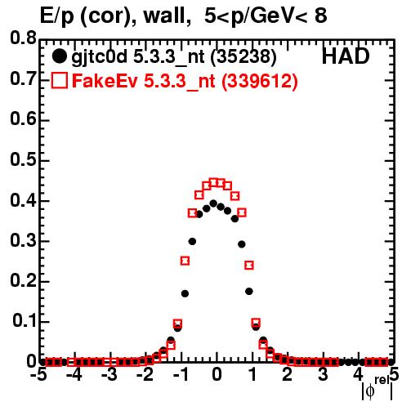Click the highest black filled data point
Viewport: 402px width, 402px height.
(x=213, y=203)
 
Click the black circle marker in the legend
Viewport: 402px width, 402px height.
(x=59, y=56)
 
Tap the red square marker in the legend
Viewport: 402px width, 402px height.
(x=59, y=81)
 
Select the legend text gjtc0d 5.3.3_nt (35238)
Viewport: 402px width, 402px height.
(x=174, y=57)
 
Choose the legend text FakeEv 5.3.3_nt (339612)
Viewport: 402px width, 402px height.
(x=185, y=81)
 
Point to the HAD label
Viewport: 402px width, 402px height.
(x=346, y=56)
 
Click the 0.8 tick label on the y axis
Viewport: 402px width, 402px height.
(x=23, y=38)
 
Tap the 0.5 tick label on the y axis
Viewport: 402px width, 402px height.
(x=23, y=160)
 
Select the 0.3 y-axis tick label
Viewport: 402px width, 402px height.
(x=23, y=241)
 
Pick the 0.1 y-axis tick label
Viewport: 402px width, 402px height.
(x=25, y=321)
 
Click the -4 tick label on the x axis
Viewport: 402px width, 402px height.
(x=74, y=374)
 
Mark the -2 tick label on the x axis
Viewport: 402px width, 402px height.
(x=145, y=374)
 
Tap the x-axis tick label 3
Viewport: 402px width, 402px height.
(x=323, y=374)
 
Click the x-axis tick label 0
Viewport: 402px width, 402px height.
(x=217, y=374)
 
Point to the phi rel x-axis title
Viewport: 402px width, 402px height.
(x=377, y=388)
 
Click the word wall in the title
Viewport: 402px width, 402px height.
(x=167, y=16)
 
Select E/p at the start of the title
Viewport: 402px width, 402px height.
(x=56, y=16)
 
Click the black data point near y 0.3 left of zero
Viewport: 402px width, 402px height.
(x=192, y=241)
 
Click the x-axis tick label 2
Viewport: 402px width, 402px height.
(x=288, y=374)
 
